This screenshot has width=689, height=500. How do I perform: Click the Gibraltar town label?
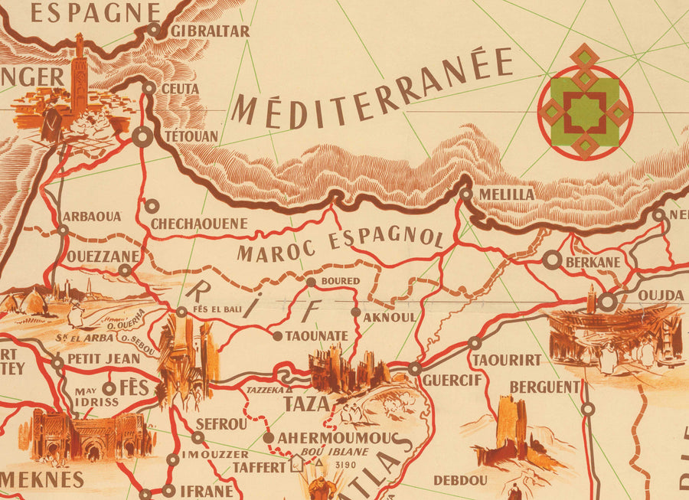click(210, 31)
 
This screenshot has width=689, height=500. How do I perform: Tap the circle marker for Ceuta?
click(149, 89)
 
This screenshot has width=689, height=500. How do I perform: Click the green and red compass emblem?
click(585, 101)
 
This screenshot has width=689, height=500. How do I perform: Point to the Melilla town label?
click(506, 194)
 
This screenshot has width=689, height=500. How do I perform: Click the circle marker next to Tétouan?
click(142, 138)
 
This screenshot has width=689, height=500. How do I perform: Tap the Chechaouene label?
click(199, 224)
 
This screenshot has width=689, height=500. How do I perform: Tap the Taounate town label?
click(317, 336)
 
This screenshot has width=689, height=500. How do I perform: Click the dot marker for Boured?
click(311, 282)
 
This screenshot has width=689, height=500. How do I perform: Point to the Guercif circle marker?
click(414, 369)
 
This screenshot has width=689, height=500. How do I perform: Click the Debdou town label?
click(460, 480)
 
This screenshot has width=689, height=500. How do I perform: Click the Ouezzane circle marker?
click(125, 270)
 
